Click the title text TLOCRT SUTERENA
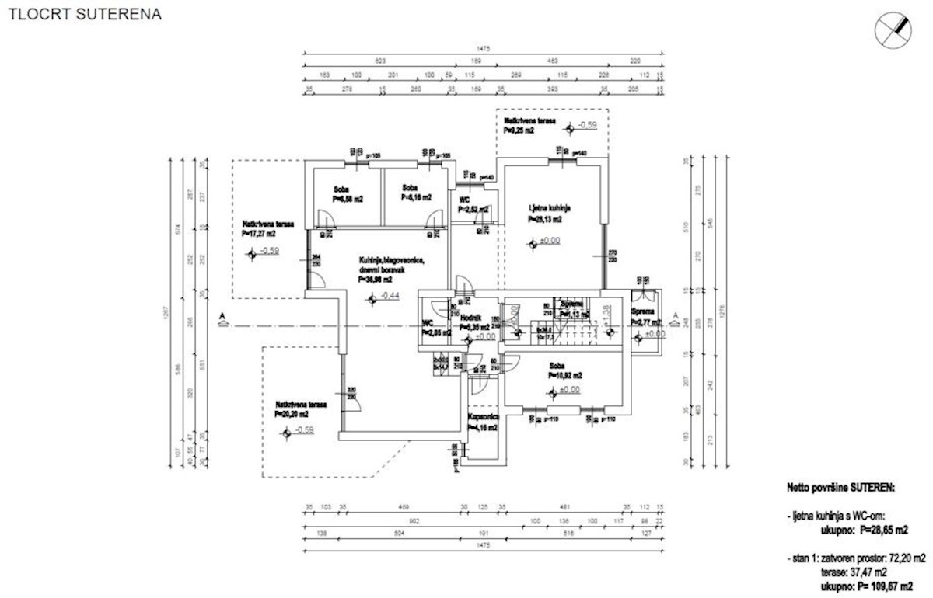[85, 15]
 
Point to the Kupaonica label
[482, 417]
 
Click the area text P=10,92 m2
[562, 375]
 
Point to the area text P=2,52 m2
[473, 210]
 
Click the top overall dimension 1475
[482, 48]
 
